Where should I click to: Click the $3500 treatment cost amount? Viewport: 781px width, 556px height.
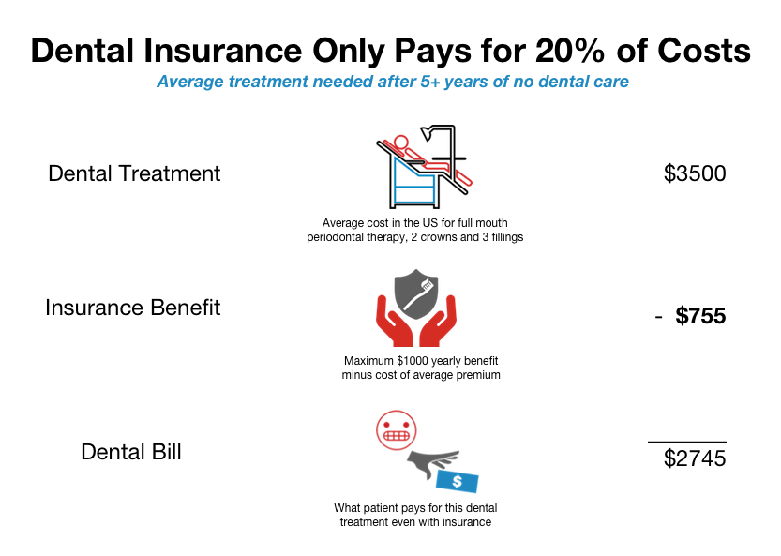(x=695, y=173)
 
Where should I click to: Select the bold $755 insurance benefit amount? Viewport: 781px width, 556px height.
(x=700, y=316)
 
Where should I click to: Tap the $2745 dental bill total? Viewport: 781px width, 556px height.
(x=695, y=458)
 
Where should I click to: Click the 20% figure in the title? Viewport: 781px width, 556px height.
(x=570, y=51)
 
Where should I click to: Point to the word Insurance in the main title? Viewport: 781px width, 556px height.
(x=223, y=51)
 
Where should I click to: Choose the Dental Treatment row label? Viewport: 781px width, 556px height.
(x=134, y=173)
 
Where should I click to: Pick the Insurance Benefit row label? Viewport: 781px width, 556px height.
(x=132, y=308)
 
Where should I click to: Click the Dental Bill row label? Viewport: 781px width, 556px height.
(x=131, y=452)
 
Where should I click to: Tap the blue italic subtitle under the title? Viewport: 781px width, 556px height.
(x=393, y=82)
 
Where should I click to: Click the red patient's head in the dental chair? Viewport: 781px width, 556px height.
(x=400, y=143)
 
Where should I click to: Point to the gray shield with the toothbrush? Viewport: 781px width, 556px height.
(x=416, y=294)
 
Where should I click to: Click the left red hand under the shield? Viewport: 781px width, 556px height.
(x=394, y=323)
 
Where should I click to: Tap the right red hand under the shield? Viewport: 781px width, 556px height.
(x=439, y=323)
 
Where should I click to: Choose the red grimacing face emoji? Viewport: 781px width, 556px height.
(x=396, y=430)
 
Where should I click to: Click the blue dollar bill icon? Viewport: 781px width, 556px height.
(x=458, y=481)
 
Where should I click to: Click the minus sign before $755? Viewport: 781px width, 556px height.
(x=658, y=317)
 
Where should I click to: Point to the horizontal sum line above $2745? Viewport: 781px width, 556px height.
(x=687, y=442)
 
